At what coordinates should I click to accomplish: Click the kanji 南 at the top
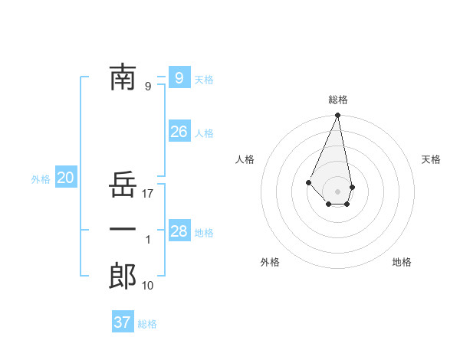pos(123,77)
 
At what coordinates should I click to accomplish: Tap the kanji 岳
pos(123,185)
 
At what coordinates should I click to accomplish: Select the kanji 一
pos(123,230)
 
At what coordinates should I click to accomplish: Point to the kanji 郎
pos(123,276)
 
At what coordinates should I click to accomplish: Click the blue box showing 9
pos(179,77)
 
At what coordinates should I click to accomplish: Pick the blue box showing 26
pos(179,132)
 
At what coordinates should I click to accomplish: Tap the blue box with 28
pos(179,231)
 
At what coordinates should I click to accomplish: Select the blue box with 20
pos(65,178)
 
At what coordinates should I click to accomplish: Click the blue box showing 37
pos(122,322)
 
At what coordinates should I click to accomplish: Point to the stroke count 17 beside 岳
pos(148,194)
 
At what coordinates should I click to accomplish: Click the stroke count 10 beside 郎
pos(148,286)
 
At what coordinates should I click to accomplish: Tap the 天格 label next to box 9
pos(204,80)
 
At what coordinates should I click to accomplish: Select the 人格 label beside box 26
pos(204,133)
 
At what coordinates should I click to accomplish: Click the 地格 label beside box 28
pos(204,233)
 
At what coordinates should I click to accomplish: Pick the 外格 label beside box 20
pos(41,180)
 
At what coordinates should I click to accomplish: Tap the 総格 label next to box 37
pos(147,324)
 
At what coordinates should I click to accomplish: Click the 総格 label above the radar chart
pos(337,100)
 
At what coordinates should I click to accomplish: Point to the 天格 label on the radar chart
pos(431,159)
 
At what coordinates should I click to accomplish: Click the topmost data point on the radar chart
pos(337,116)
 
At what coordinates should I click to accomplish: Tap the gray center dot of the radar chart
pos(337,191)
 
